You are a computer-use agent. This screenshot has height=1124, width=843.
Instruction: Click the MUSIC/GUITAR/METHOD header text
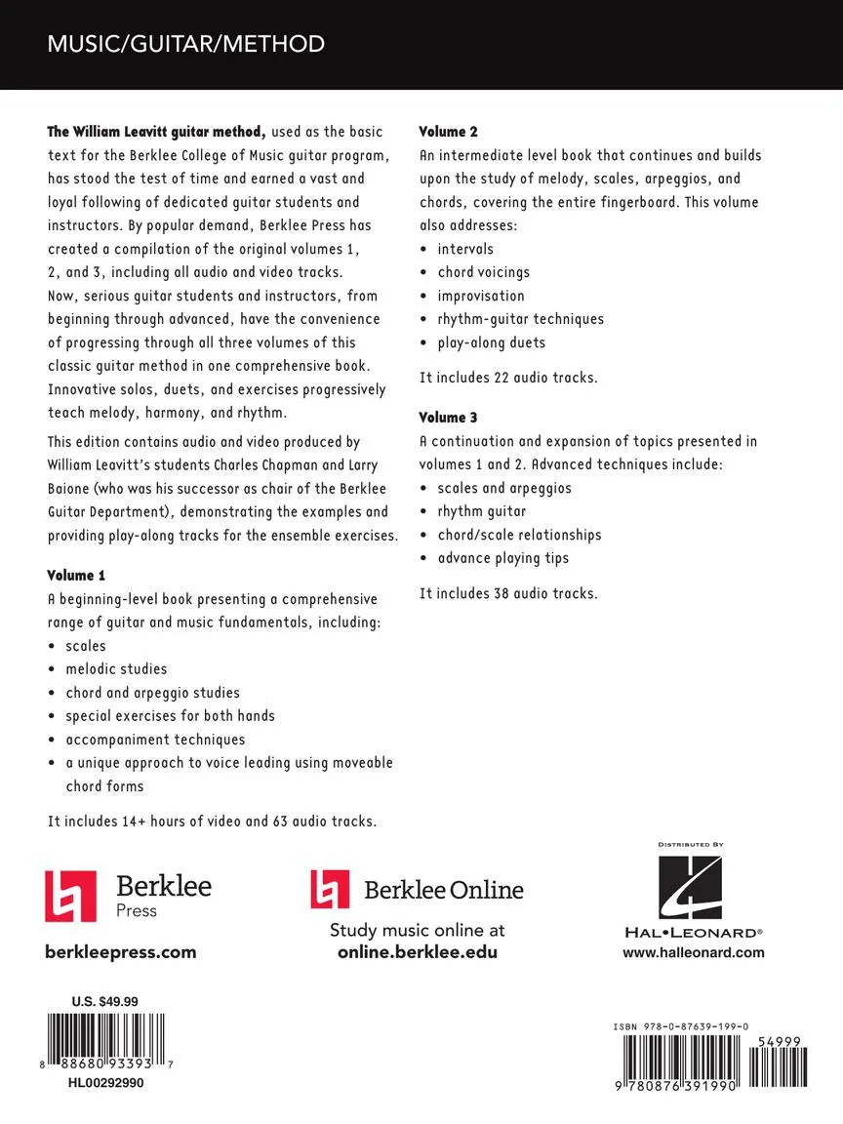pos(185,44)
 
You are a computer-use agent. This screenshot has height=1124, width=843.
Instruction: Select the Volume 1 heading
pos(76,575)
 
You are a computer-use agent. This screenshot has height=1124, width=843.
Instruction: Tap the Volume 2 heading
pos(449,131)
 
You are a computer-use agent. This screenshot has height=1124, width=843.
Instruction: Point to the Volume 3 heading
pos(449,417)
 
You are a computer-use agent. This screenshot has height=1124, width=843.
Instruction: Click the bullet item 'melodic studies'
pos(116,669)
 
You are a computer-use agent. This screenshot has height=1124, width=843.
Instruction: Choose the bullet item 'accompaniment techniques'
pos(155,740)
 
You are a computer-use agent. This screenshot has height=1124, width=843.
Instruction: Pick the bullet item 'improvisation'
pos(481,296)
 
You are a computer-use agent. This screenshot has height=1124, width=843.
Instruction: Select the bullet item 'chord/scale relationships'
pos(519,535)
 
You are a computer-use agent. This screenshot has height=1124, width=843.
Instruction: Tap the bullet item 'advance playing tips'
pos(502,558)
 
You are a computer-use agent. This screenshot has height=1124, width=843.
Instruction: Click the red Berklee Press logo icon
pos(70,896)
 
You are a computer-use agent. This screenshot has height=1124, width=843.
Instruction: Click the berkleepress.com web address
pos(121,952)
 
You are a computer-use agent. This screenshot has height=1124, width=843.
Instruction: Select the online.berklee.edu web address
pos(418,952)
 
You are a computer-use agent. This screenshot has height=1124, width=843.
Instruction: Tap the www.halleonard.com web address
pos(694,953)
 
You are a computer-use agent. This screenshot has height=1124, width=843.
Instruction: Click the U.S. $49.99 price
pos(105,1001)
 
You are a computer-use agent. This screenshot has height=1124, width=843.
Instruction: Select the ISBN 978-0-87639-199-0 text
pos(681,1027)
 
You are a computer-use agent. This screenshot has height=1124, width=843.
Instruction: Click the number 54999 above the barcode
pos(779,1042)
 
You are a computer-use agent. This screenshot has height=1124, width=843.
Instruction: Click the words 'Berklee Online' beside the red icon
pos(443,890)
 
